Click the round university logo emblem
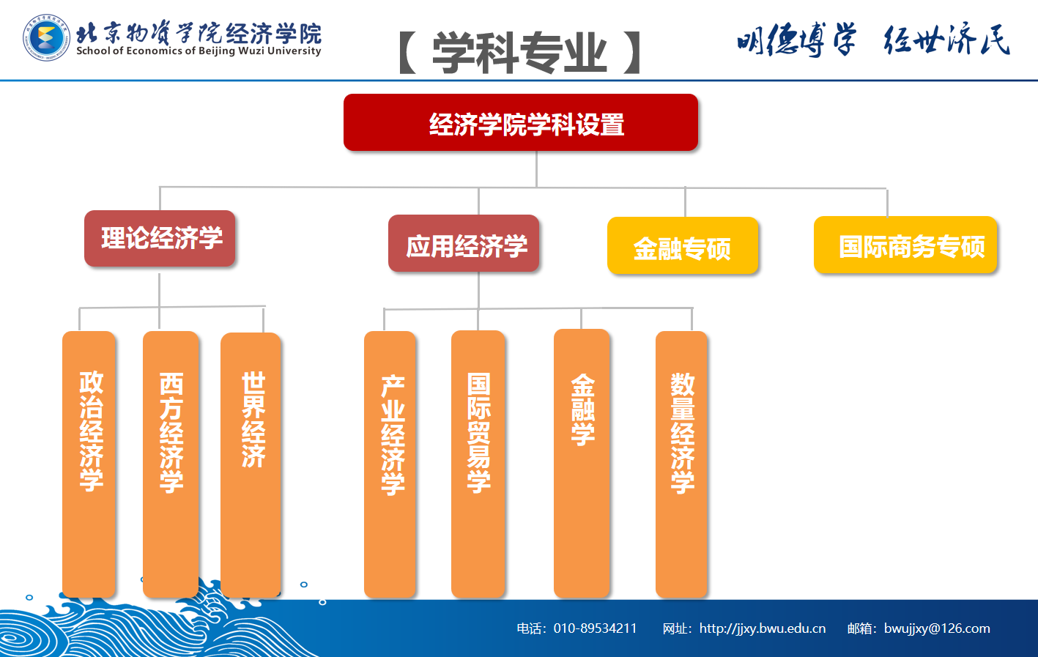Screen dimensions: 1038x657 point(46,37)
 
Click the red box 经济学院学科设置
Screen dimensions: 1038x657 point(520,122)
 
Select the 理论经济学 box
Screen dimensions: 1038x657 point(160,239)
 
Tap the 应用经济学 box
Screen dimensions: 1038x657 point(464,243)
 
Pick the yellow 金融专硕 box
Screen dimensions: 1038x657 point(683,245)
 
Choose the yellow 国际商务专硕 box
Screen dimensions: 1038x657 point(905,245)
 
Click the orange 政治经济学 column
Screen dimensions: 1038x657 point(89,464)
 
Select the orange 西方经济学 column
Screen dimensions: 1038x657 point(171,464)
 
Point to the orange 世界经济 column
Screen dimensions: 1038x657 point(251,464)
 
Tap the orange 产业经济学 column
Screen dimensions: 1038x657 point(390,464)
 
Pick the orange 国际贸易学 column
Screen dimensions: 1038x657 point(478,464)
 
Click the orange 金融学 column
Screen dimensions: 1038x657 point(582,464)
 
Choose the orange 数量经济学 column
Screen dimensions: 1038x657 point(682,464)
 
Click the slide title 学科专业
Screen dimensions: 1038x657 point(520,53)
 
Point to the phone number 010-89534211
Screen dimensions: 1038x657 point(595,628)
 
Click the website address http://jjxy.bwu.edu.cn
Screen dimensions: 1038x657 point(763,628)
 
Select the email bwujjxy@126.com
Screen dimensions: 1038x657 point(937,628)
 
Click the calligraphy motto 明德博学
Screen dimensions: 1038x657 point(796,40)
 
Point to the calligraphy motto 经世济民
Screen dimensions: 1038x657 point(946,39)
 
